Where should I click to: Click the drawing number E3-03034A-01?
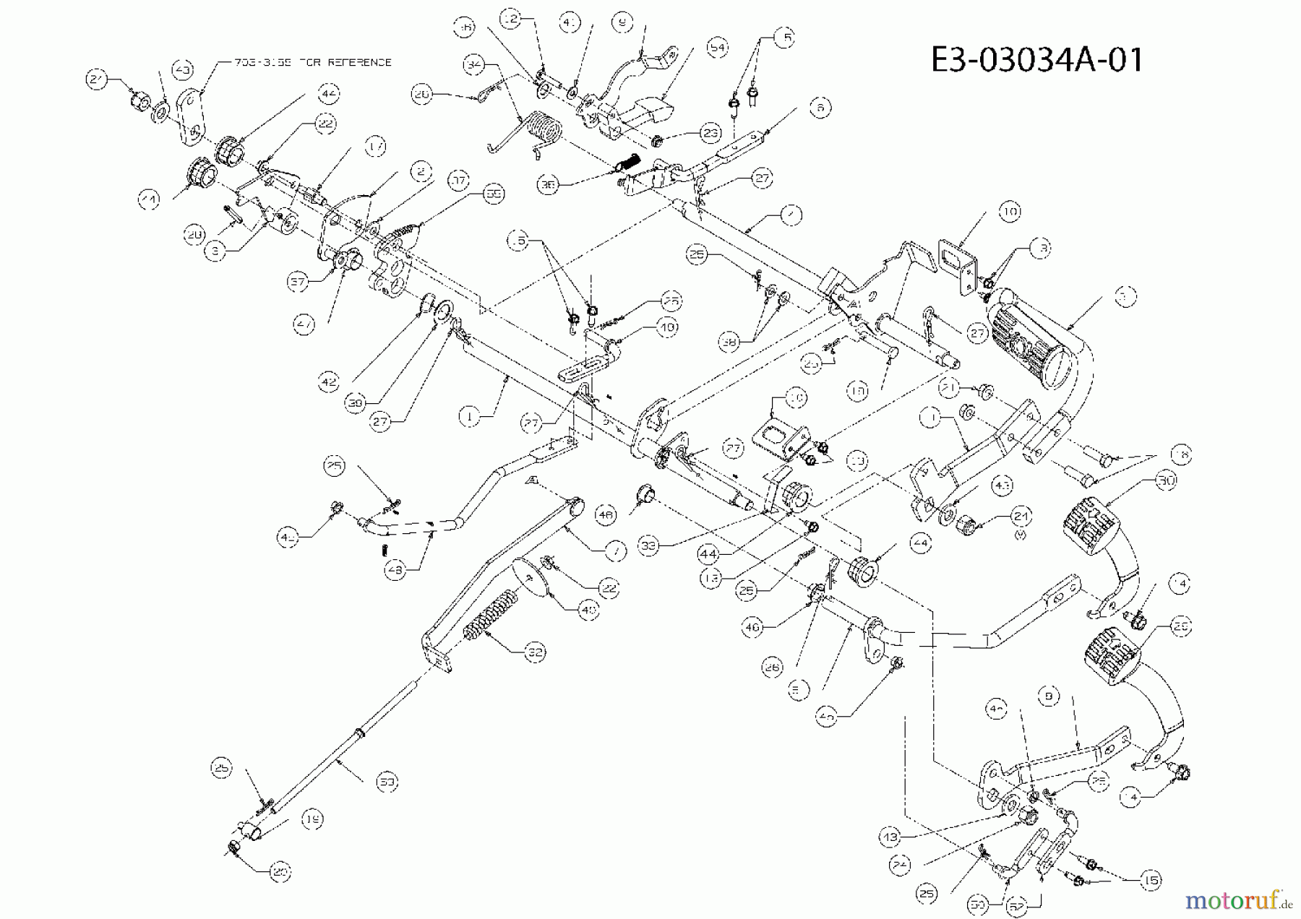[x=1036, y=59]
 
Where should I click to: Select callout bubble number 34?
[x=474, y=64]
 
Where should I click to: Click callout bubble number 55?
[x=494, y=194]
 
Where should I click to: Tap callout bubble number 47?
[x=304, y=325]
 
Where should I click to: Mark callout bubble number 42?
[x=329, y=381]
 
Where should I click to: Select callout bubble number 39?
[x=354, y=405]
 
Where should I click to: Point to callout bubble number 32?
[x=535, y=652]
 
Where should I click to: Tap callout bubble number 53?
[x=387, y=781]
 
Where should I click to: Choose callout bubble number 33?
[x=649, y=547]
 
